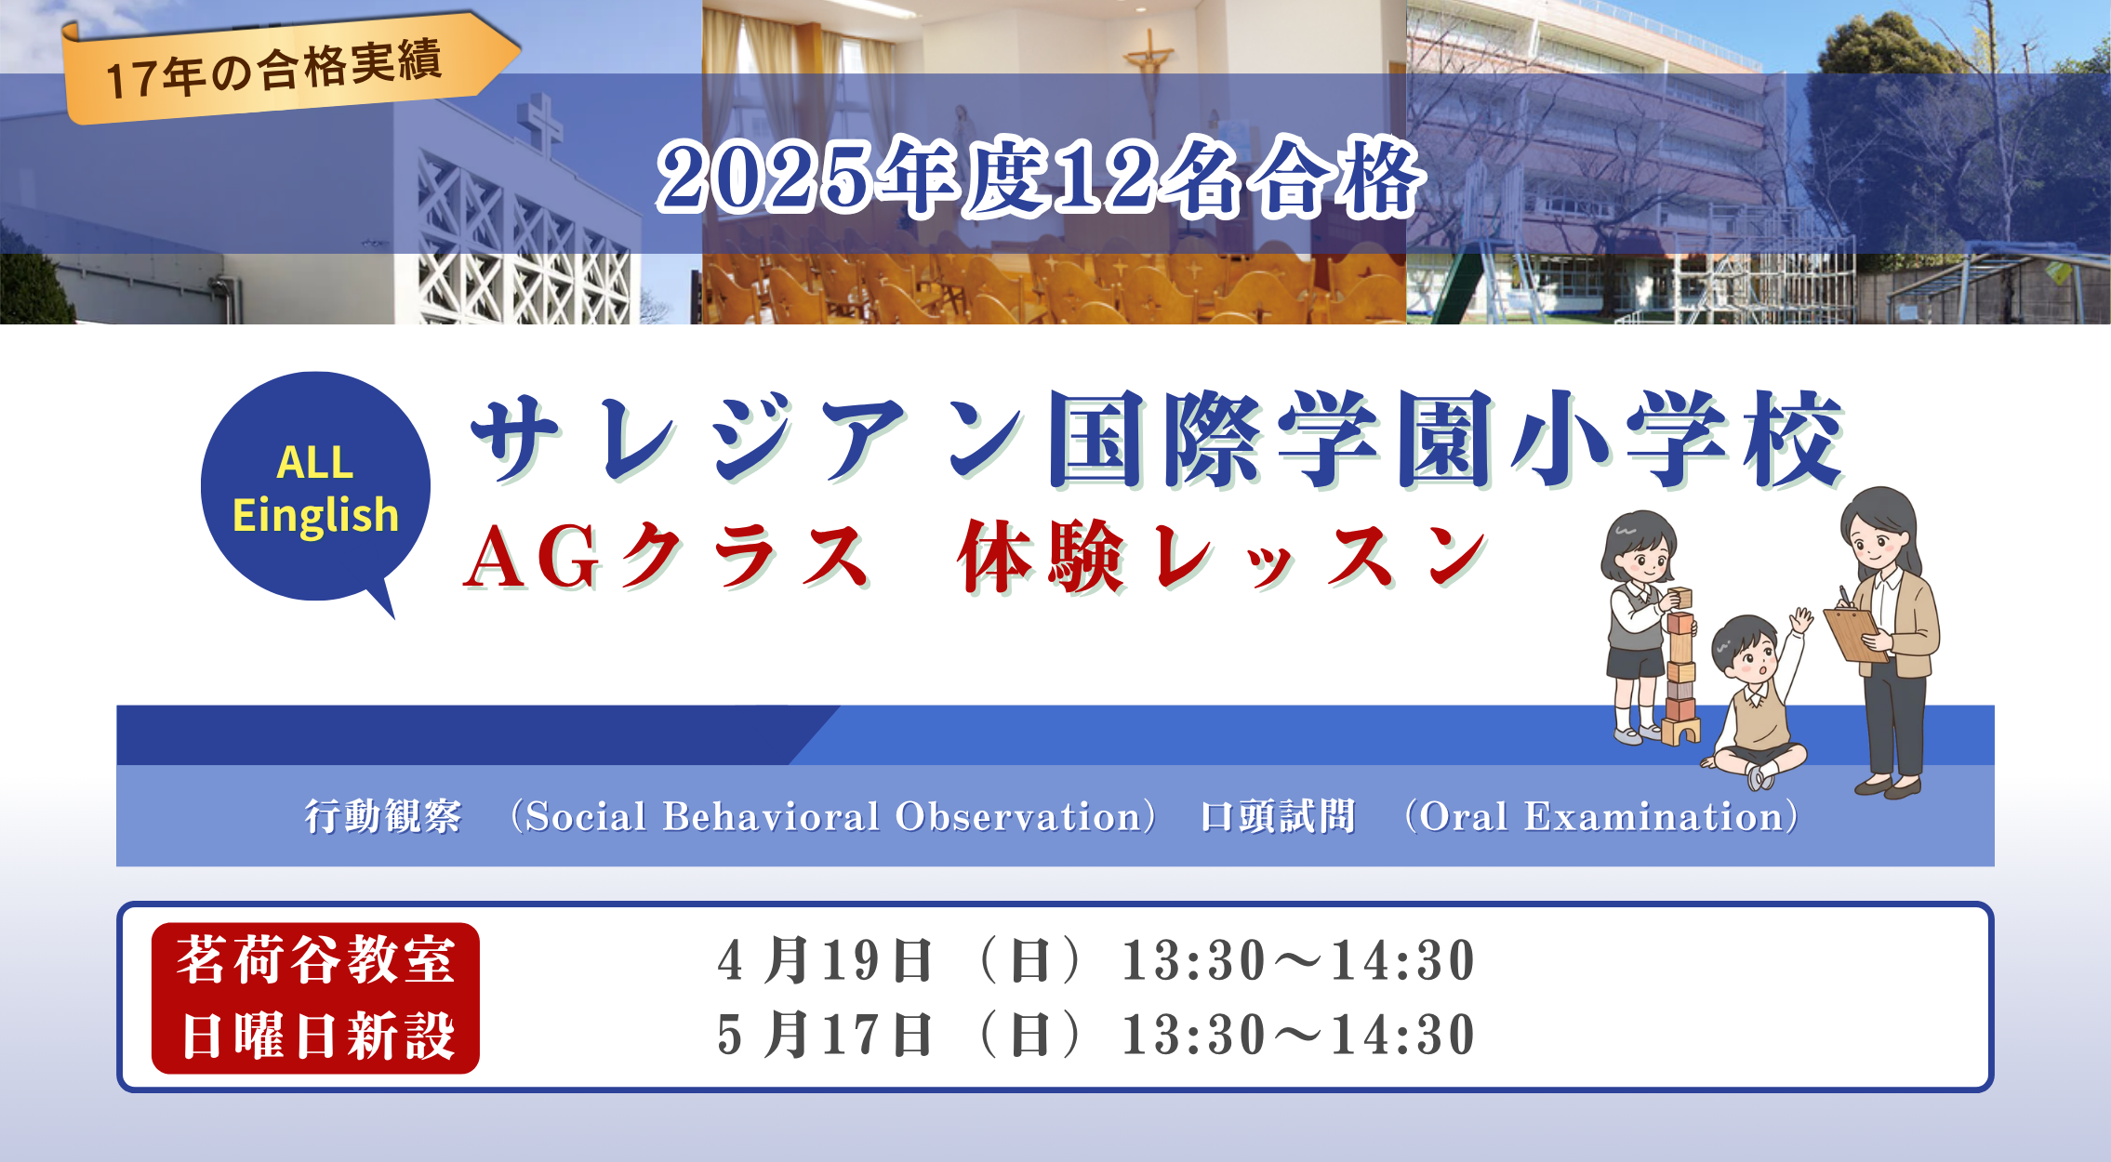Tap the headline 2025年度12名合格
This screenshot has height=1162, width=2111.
pos(1040,177)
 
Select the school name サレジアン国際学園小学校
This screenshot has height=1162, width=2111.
pos(1158,439)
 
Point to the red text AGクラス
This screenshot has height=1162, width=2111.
pos(667,557)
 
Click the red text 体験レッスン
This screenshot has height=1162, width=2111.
pos(1222,557)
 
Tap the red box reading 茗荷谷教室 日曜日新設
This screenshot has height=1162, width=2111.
pos(315,997)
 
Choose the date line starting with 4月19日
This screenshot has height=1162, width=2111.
pos(1095,960)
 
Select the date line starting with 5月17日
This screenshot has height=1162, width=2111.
pos(1095,1035)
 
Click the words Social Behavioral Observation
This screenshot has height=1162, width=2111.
pos(833,816)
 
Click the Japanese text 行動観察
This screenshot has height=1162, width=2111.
pos(383,816)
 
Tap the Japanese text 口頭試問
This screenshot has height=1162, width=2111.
pos(1278,816)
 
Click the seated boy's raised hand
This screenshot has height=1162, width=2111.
pos(1801,620)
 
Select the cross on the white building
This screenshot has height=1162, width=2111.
pos(541,126)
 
